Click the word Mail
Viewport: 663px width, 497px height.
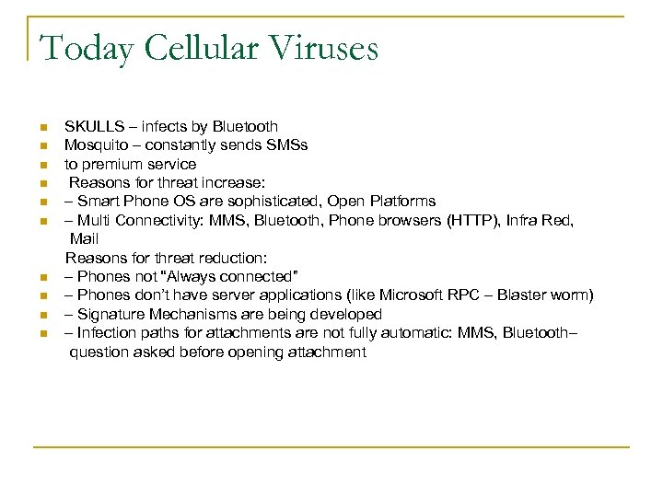[84, 238]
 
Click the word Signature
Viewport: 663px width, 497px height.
[110, 314]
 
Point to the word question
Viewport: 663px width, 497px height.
[99, 352]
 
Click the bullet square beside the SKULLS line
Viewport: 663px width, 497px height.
[42, 127]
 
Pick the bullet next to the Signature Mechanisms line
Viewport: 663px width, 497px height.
[42, 315]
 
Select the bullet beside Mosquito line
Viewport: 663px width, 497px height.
[42, 146]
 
